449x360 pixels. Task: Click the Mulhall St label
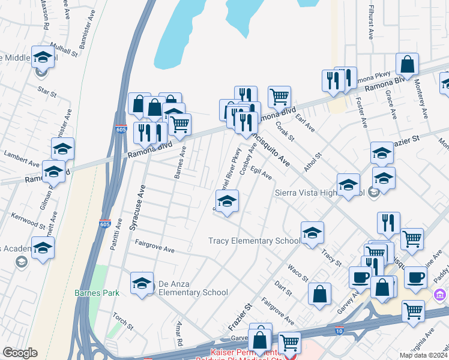(65, 53)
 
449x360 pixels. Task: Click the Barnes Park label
(97, 293)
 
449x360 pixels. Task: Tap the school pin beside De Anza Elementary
(142, 283)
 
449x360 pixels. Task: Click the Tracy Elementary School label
(254, 241)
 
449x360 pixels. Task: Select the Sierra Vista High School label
(319, 193)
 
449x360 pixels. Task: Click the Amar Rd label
(178, 329)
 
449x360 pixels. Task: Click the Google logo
(20, 353)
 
